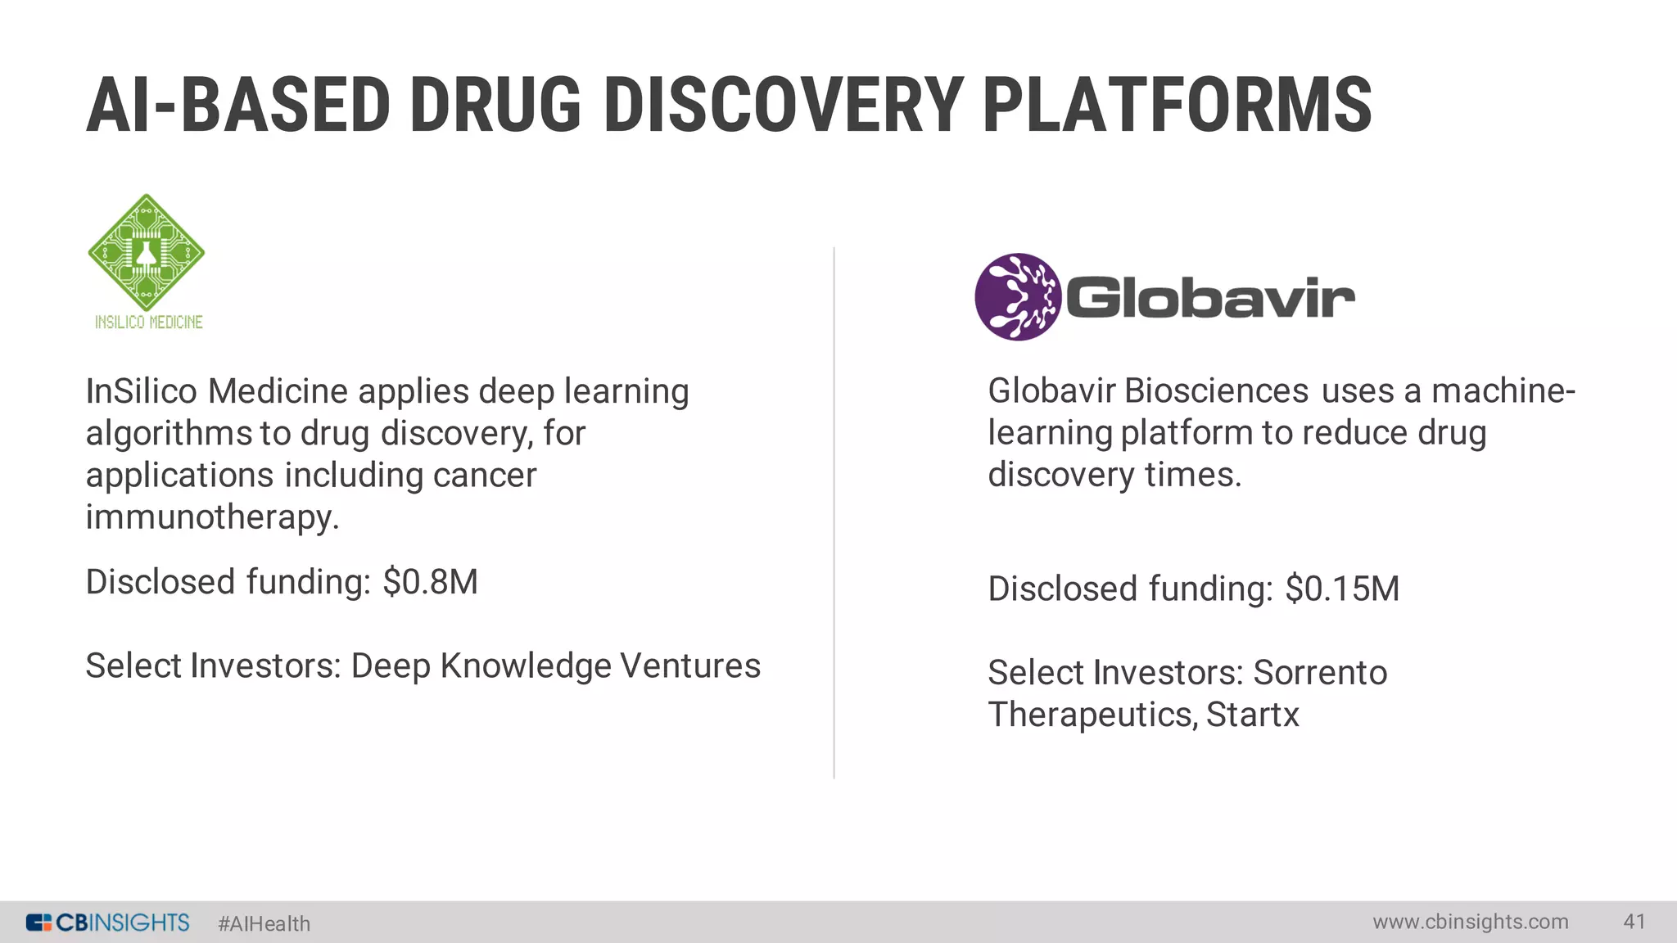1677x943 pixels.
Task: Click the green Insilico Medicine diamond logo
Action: point(147,252)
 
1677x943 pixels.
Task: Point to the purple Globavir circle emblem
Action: point(1017,296)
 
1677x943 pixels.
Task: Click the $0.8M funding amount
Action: point(430,582)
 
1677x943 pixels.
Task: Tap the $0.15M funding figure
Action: point(1342,589)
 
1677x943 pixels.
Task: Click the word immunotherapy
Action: point(212,517)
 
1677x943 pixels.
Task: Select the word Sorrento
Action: point(1320,673)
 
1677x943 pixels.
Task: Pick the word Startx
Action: point(1252,715)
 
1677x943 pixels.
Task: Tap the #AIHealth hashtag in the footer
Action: point(264,923)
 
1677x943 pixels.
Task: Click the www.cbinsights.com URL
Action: point(1471,922)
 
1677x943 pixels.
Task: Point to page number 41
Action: point(1634,922)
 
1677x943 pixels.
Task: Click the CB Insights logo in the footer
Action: point(108,923)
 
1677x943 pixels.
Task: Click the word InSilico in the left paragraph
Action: point(142,391)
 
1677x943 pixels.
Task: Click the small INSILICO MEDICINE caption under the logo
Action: point(148,323)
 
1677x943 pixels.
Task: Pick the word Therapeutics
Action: point(1092,715)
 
